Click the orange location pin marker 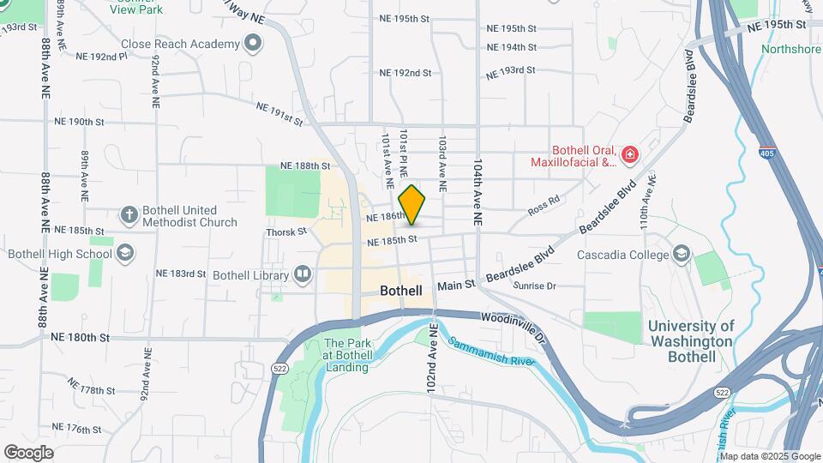coord(412,206)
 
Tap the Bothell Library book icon coord(302,274)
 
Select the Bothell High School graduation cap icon coord(125,253)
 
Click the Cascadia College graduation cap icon coord(682,255)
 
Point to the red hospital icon coord(630,154)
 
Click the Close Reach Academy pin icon coord(253,43)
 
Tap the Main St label coord(455,286)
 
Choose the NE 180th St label coord(80,338)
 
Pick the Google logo coord(28,453)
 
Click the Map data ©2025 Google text coord(770,456)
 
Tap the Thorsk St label coord(285,231)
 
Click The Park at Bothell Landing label coord(346,356)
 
